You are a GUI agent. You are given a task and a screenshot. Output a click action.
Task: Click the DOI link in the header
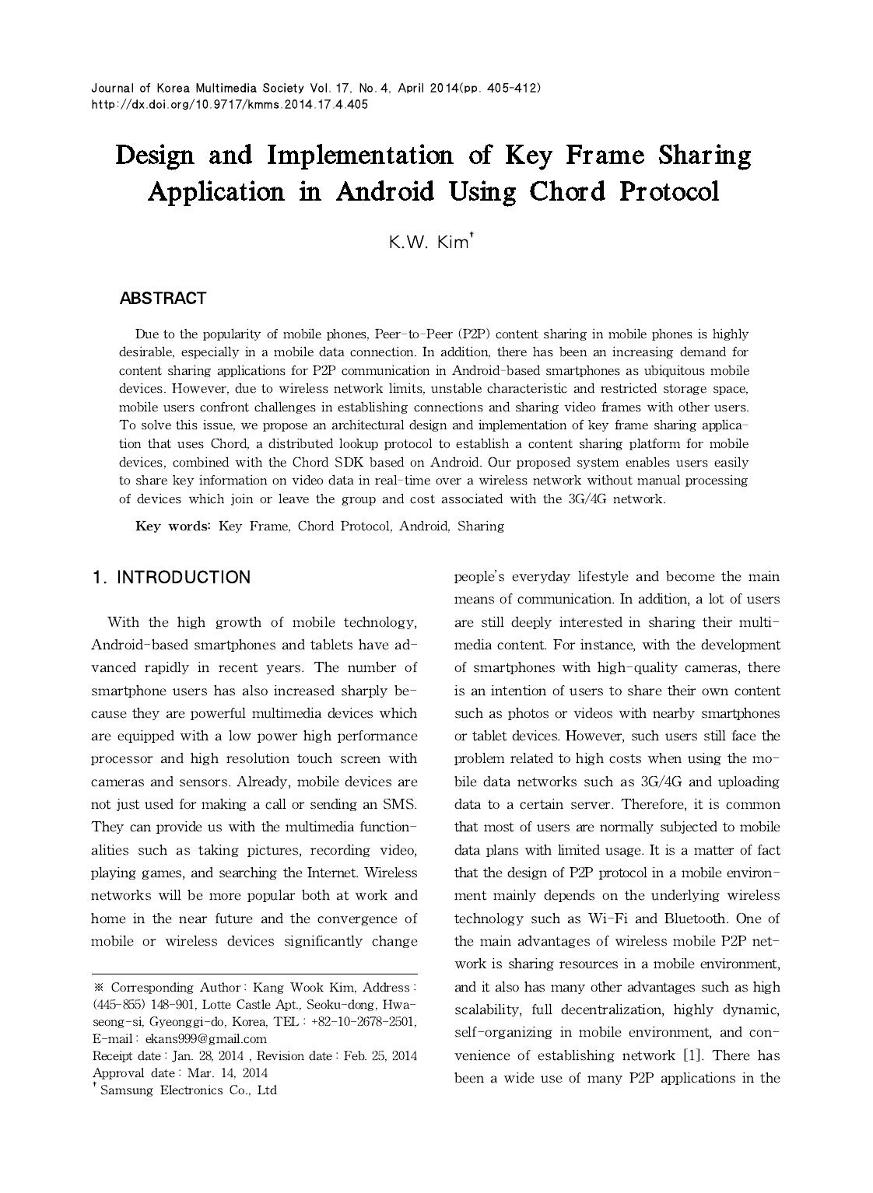pyautogui.click(x=230, y=104)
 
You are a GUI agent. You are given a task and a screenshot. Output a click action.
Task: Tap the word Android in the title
pyautogui.click(x=384, y=191)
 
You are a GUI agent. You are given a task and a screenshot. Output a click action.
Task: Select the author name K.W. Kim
pyautogui.click(x=429, y=242)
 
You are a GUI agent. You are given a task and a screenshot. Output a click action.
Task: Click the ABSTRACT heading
pyautogui.click(x=163, y=299)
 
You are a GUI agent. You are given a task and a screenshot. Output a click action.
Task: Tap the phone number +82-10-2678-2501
pyautogui.click(x=363, y=1021)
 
